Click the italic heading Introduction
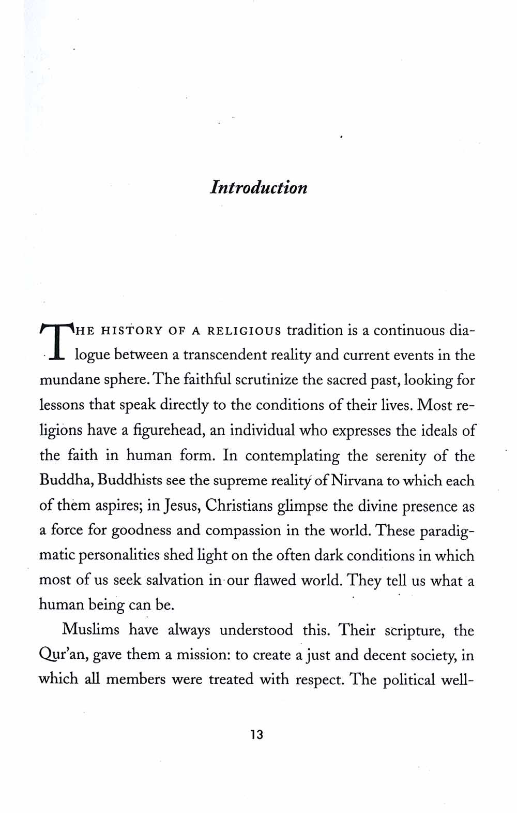(x=258, y=187)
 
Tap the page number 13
(x=257, y=734)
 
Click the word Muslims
(x=90, y=630)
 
